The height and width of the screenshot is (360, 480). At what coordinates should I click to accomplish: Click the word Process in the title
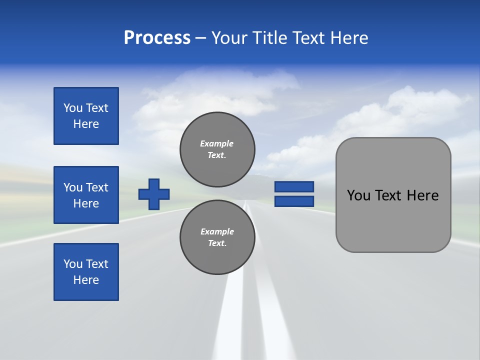click(157, 38)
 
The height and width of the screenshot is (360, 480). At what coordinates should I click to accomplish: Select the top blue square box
click(86, 116)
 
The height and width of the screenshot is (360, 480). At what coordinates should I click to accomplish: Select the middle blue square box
click(86, 195)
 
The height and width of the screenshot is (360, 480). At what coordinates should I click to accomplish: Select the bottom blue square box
click(86, 272)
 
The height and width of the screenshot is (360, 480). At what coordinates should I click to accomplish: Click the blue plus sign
click(154, 194)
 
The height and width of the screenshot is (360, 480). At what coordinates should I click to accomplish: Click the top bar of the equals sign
click(294, 187)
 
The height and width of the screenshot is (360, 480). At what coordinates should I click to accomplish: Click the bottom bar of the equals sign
click(294, 201)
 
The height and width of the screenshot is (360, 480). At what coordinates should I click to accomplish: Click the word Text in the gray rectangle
click(389, 195)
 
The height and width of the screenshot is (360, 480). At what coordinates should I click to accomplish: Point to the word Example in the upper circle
click(217, 143)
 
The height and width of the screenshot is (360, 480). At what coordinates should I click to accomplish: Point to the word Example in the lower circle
click(217, 231)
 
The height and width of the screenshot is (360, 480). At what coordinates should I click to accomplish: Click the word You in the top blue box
click(73, 108)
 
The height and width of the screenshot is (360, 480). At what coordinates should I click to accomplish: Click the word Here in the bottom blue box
click(86, 280)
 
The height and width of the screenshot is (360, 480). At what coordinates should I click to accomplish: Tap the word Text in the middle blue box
click(97, 187)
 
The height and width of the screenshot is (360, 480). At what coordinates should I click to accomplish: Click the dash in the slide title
click(200, 38)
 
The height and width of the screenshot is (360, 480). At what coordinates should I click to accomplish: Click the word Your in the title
click(229, 38)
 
